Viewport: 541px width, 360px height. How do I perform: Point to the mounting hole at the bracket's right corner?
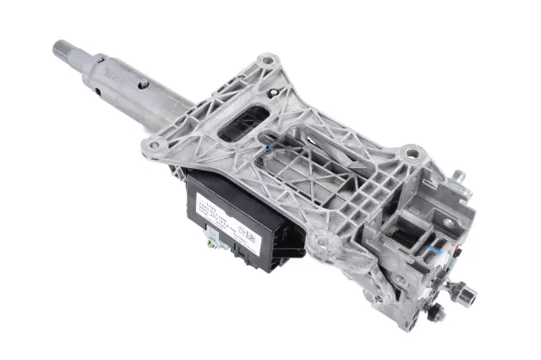tap(411, 153)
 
